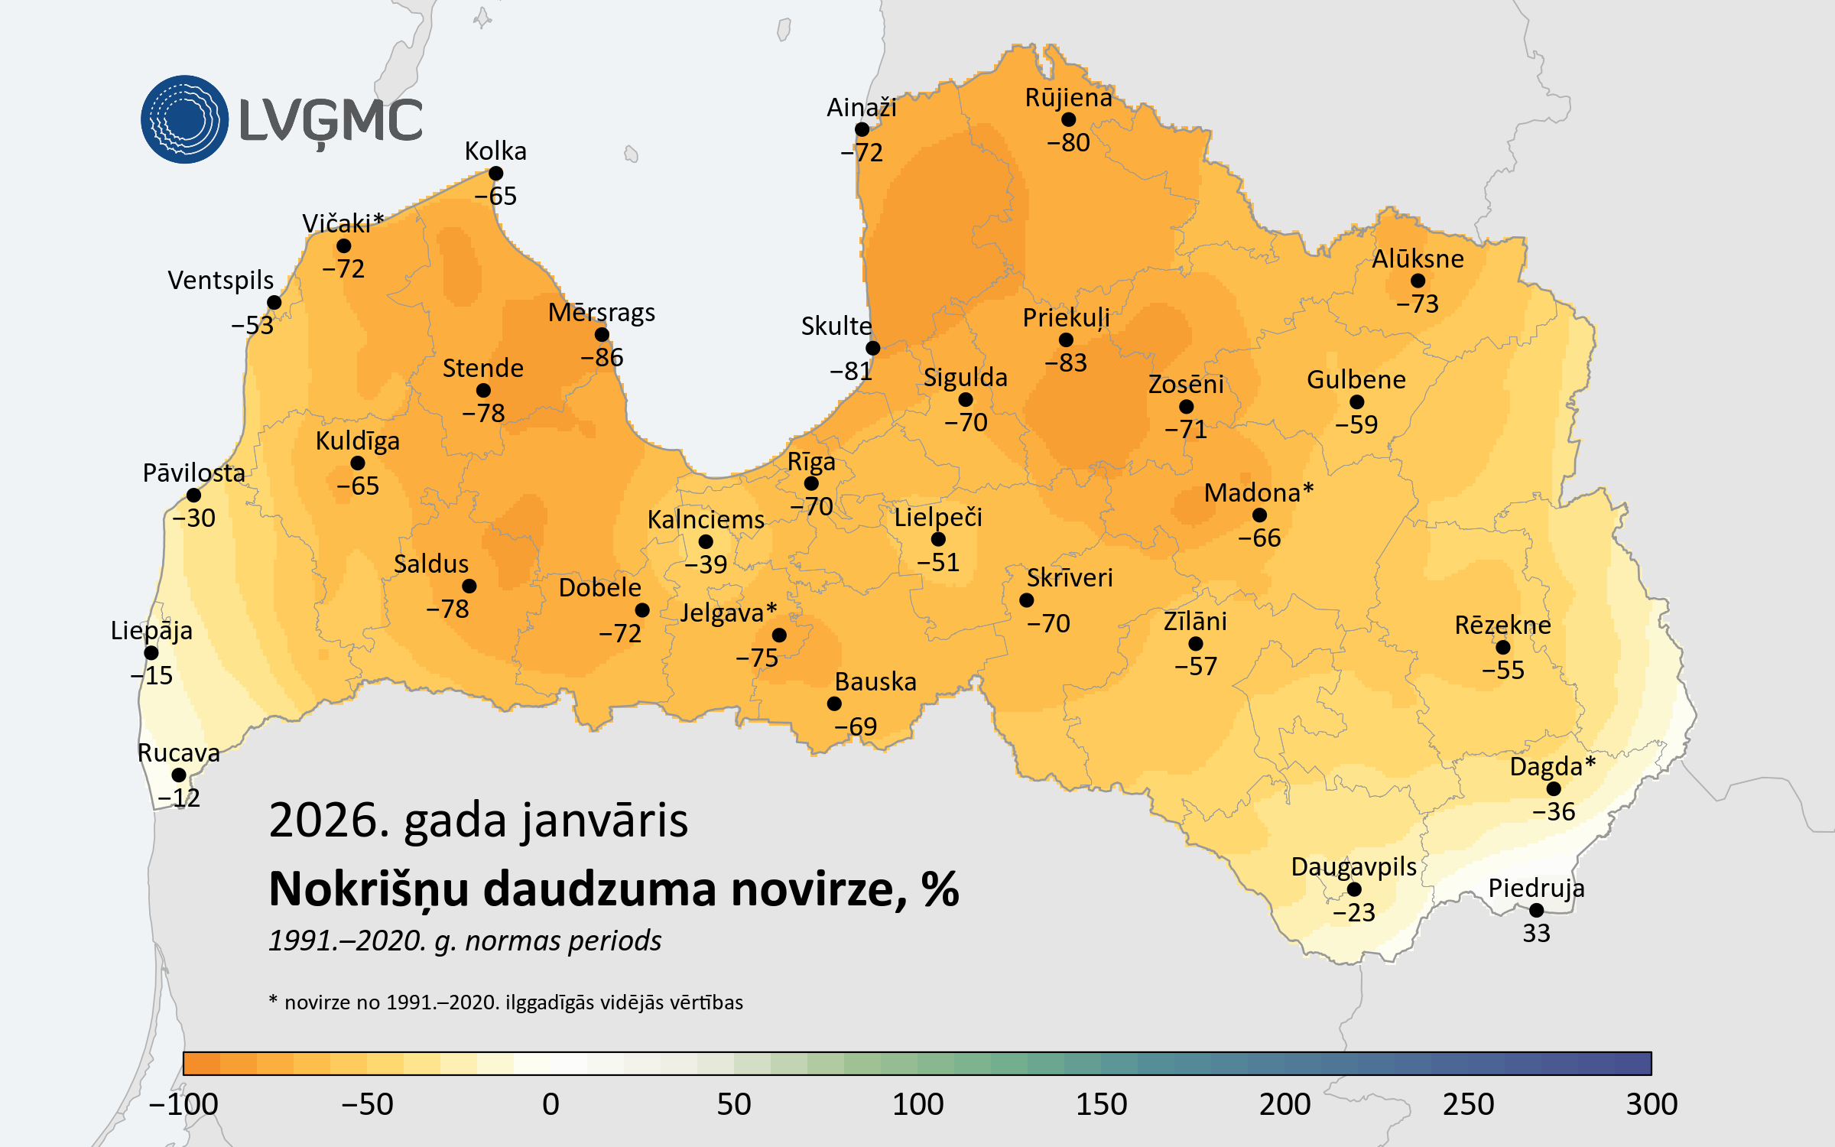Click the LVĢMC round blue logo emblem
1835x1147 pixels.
coord(184,119)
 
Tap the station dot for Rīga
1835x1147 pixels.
coord(811,483)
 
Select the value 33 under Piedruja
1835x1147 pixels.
coord(1536,934)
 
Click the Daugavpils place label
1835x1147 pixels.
coord(1353,867)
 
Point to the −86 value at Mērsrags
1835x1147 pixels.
coord(602,357)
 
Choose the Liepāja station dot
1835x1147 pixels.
coord(151,653)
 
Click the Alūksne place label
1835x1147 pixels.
coord(1418,259)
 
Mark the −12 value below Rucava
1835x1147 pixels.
coord(179,798)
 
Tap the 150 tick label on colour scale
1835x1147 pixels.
coord(1101,1104)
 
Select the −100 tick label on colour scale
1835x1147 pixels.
coord(183,1104)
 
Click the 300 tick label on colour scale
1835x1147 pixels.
coord(1651,1104)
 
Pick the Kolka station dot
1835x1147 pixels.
coord(495,174)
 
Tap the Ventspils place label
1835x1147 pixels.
coord(221,281)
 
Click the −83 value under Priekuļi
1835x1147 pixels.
coord(1066,362)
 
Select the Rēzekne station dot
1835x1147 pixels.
coord(1503,648)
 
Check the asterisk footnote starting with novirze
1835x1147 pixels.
coord(505,1002)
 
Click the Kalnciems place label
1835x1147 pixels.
coord(706,520)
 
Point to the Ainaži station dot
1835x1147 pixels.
coord(862,130)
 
